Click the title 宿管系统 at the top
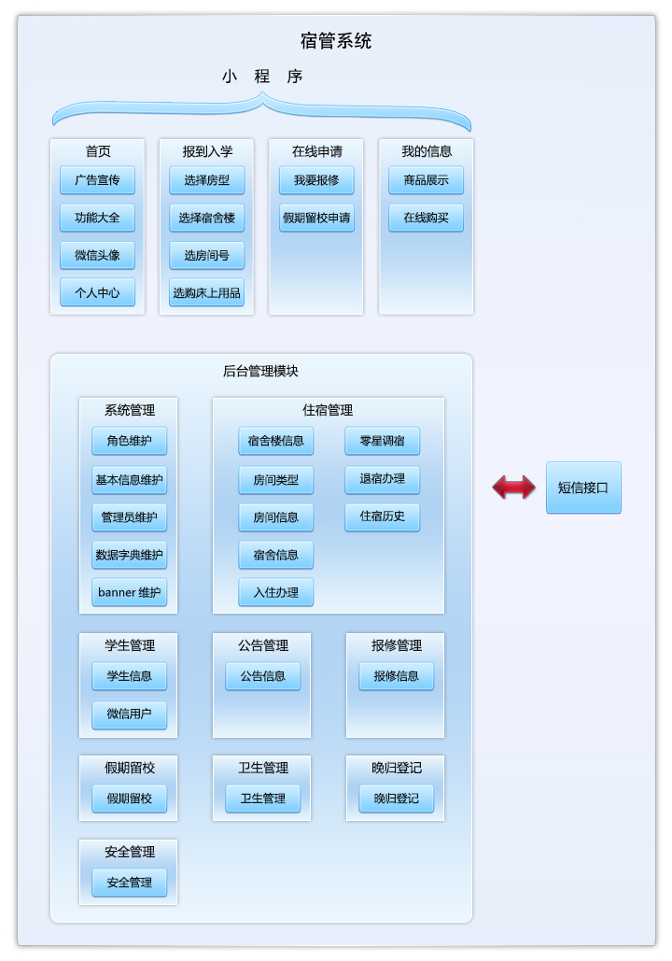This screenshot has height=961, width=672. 336,41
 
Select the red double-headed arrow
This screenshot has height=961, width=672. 514,487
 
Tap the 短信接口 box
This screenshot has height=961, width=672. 583,487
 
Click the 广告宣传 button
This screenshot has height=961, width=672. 97,180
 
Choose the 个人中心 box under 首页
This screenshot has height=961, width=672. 97,292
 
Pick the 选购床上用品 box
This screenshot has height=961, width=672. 206,292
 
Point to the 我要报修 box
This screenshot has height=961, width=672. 316,180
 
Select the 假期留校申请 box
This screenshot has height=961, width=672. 316,218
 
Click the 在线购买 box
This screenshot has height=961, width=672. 426,218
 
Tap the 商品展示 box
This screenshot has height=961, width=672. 426,180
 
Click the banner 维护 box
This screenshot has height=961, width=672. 129,592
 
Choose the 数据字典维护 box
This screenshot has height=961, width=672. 129,555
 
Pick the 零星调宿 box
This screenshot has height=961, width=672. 382,441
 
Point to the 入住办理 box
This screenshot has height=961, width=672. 275,592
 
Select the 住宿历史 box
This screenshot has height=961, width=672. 382,516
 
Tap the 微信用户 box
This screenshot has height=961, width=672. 129,714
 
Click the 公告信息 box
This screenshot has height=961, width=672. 262,676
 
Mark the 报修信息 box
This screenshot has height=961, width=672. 396,676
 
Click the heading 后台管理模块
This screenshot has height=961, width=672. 261,371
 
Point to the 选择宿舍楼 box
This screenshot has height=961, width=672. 206,218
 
